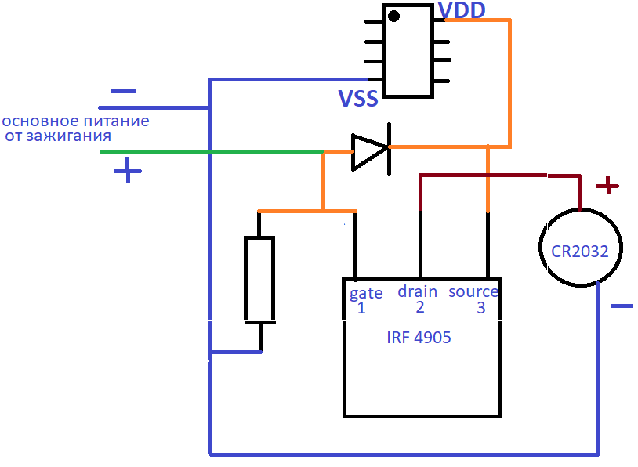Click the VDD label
tap(462, 9)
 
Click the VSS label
tap(358, 98)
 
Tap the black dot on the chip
tap(393, 16)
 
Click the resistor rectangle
tap(259, 279)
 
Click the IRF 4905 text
tap(419, 338)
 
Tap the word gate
tap(366, 293)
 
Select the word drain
tap(418, 291)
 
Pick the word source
tap(473, 291)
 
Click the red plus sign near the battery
tap(607, 186)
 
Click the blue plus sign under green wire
tap(128, 171)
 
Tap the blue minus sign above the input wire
tap(123, 91)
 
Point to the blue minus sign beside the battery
tap(622, 306)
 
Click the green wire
tap(212, 151)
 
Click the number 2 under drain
tap(420, 307)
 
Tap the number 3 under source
tap(481, 308)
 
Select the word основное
tap(40, 121)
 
